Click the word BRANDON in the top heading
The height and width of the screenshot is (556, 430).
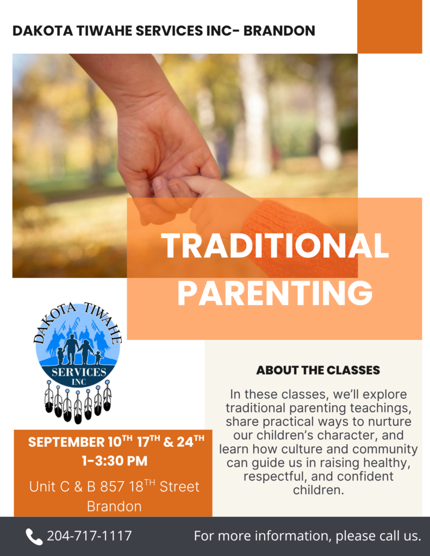tap(279, 31)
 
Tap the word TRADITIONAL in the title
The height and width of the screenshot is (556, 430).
tap(275, 246)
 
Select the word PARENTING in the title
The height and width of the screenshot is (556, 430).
tap(275, 292)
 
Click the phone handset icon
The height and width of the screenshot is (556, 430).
tap(34, 536)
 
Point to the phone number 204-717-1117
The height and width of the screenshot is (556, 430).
tap(90, 536)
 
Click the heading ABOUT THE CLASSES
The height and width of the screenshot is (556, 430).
tap(318, 370)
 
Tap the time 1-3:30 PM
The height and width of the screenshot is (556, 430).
tap(114, 461)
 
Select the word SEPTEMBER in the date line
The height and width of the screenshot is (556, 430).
tap(66, 442)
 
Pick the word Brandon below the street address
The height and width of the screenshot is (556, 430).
tap(114, 507)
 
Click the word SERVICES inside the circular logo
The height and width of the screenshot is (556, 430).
tap(79, 372)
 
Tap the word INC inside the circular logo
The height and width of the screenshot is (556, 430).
tap(79, 382)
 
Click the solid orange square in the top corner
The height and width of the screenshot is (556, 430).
tap(390, 27)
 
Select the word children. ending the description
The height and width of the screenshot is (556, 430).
tap(319, 490)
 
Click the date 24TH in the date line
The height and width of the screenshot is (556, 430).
tap(191, 441)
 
